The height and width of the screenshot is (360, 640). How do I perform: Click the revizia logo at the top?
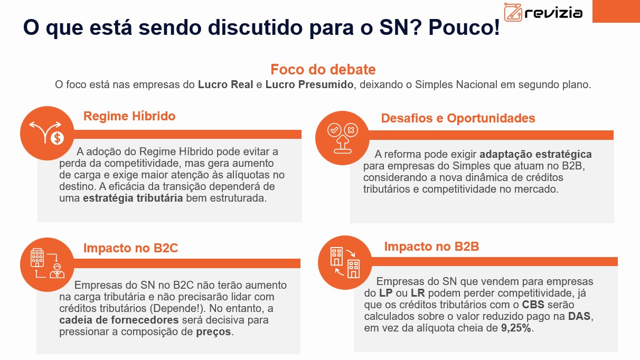click(543, 12)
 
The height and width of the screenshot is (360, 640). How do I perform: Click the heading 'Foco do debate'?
click(323, 70)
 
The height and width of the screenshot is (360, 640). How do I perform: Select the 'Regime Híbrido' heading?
click(129, 116)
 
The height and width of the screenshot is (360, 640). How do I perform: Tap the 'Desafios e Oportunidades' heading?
click(458, 118)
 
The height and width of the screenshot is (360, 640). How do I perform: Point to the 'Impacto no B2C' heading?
click(130, 248)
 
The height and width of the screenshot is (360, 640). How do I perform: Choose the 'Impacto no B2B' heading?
click(431, 247)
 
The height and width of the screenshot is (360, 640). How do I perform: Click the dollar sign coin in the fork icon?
click(57, 138)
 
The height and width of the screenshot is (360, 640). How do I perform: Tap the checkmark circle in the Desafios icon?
click(334, 130)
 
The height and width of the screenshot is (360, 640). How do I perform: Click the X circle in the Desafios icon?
click(351, 130)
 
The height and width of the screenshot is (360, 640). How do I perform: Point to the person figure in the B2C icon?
click(57, 271)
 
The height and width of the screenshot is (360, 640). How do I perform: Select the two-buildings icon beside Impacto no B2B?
click(345, 262)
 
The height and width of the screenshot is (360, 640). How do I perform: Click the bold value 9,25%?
click(516, 328)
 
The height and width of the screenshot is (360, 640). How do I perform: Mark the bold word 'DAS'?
click(579, 316)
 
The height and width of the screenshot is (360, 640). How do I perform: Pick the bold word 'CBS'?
click(533, 305)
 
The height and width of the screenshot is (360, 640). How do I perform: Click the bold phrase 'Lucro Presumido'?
click(309, 85)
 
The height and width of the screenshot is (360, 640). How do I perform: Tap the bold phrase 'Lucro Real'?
click(225, 84)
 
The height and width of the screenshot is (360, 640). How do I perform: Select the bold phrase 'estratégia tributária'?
click(133, 198)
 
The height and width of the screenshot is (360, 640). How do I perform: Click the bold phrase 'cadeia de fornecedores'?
click(119, 320)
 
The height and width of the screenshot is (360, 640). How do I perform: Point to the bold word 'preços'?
click(213, 332)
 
